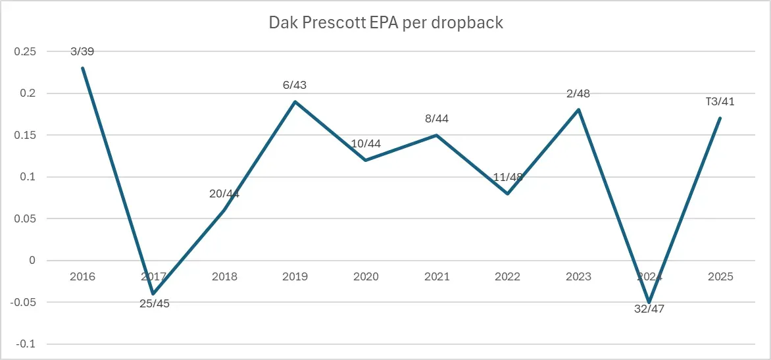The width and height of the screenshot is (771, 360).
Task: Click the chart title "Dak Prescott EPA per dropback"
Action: click(385, 22)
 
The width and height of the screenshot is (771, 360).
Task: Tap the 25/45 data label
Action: click(153, 304)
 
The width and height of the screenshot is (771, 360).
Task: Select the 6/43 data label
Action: click(295, 86)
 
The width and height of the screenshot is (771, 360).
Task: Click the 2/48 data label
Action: click(578, 93)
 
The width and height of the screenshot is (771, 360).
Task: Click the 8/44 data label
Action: click(437, 119)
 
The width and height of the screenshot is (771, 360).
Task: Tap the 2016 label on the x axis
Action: click(82, 277)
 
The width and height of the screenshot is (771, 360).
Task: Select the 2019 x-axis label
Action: click(295, 277)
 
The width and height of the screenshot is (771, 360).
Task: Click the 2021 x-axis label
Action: click(437, 277)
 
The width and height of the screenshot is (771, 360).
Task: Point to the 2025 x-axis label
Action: click(720, 277)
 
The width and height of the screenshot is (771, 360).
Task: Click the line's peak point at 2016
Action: click(82, 68)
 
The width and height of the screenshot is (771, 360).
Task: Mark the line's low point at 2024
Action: click(649, 302)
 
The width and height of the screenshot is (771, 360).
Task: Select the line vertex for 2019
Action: click(295, 101)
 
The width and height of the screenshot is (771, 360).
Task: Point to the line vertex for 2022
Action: click(507, 193)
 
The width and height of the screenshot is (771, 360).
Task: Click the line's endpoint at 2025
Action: click(720, 118)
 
